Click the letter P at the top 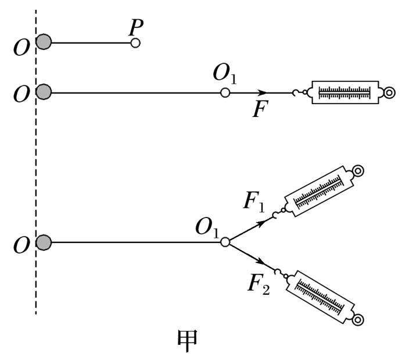[x=137, y=27]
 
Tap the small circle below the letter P [x=135, y=43]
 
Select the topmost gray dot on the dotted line [x=44, y=42]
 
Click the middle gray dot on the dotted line [x=44, y=92]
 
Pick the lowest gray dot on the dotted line [x=44, y=243]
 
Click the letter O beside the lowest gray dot [x=21, y=246]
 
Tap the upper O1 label [x=224, y=73]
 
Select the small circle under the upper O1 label [x=225, y=92]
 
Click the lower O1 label [x=207, y=227]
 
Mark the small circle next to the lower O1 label [x=225, y=242]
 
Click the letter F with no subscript [x=260, y=109]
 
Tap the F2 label [x=258, y=283]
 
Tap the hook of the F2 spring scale [x=281, y=271]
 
